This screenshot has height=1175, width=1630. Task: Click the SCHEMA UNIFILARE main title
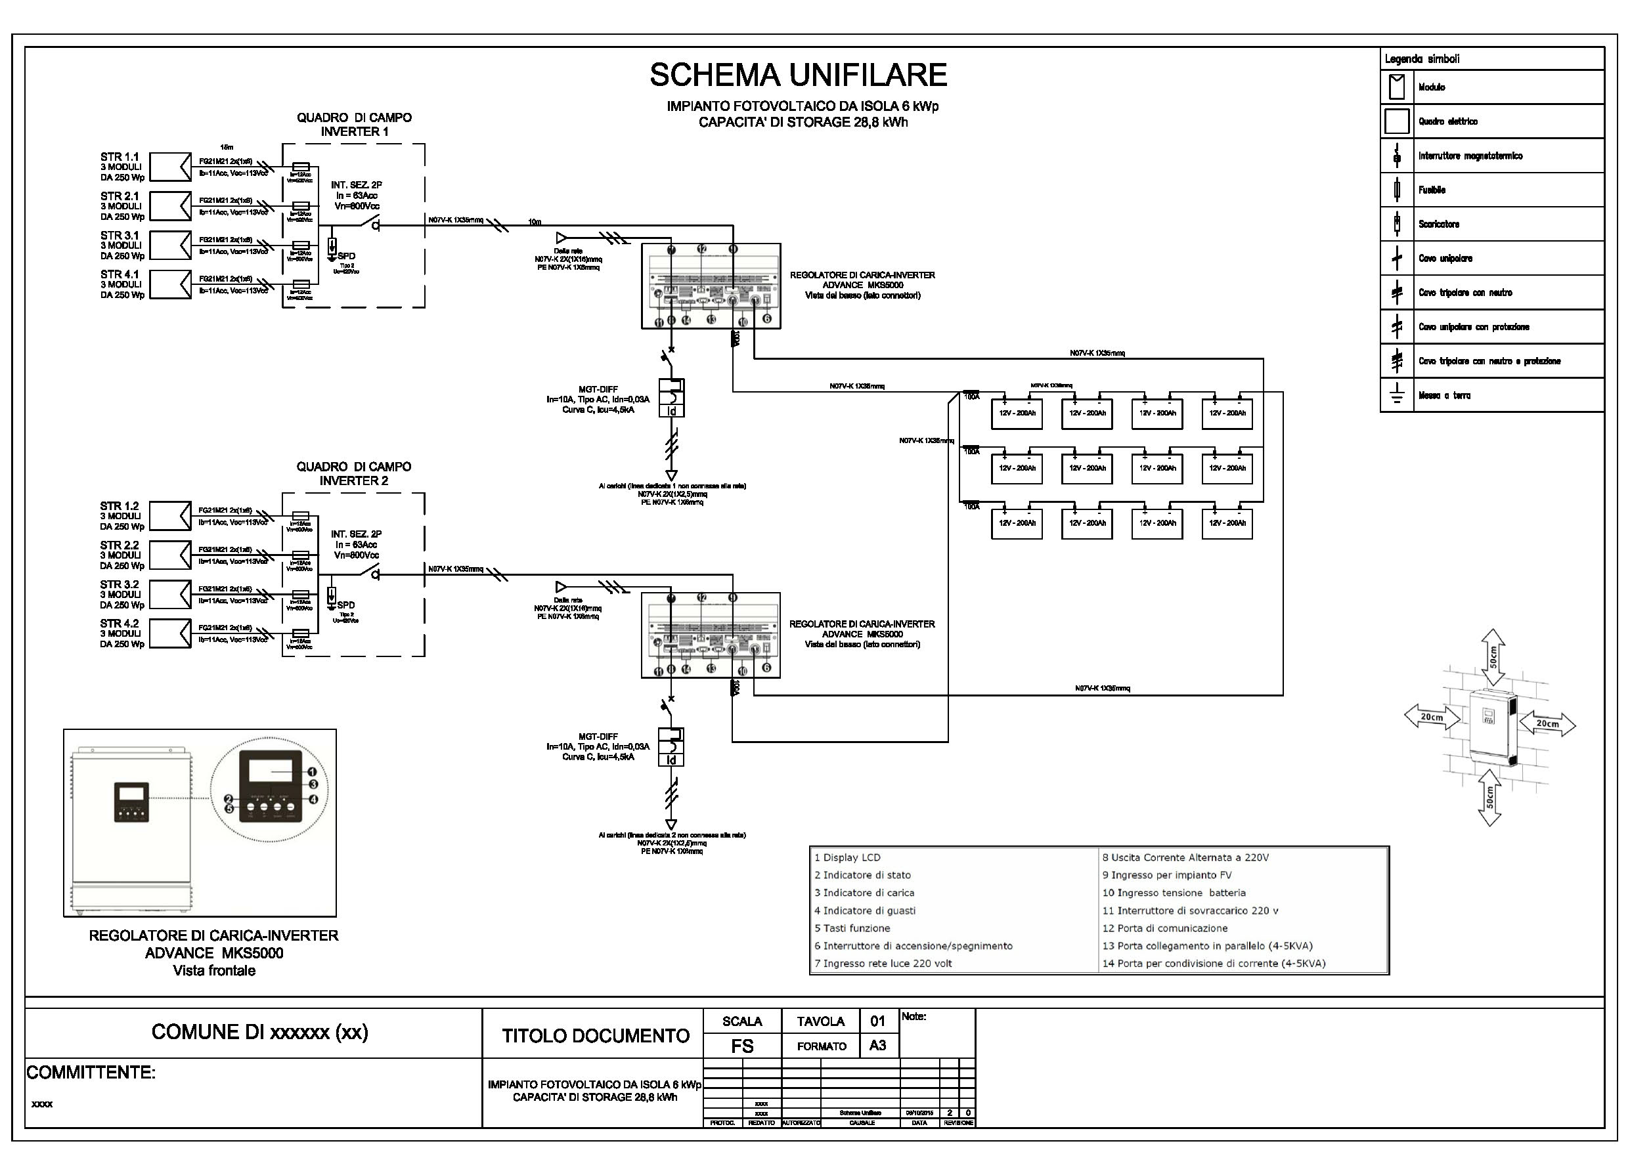click(x=798, y=75)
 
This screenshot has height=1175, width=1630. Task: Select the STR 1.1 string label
click(x=120, y=157)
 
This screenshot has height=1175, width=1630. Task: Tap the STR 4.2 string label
click(x=120, y=624)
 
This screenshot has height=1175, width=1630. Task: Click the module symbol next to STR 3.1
click(x=170, y=245)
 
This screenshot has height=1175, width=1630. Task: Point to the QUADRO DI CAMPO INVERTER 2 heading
click(x=353, y=473)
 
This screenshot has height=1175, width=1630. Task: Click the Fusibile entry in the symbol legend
click(x=1432, y=190)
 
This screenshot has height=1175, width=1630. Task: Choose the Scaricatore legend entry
click(x=1439, y=224)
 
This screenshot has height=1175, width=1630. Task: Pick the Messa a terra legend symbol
click(x=1397, y=395)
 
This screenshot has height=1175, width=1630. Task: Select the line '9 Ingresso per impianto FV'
click(x=1166, y=875)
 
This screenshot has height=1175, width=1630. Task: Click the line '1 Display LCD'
click(x=847, y=857)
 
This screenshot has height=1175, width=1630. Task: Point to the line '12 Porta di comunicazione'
click(x=1165, y=928)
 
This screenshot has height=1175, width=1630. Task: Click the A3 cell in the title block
click(x=877, y=1046)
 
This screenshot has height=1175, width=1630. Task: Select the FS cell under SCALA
click(x=741, y=1046)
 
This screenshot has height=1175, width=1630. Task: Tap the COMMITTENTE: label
click(x=91, y=1073)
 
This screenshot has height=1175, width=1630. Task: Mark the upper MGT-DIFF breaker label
click(x=598, y=389)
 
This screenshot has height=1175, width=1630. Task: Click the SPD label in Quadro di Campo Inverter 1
click(x=345, y=256)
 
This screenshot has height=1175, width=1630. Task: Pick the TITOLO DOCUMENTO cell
click(x=595, y=1036)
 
